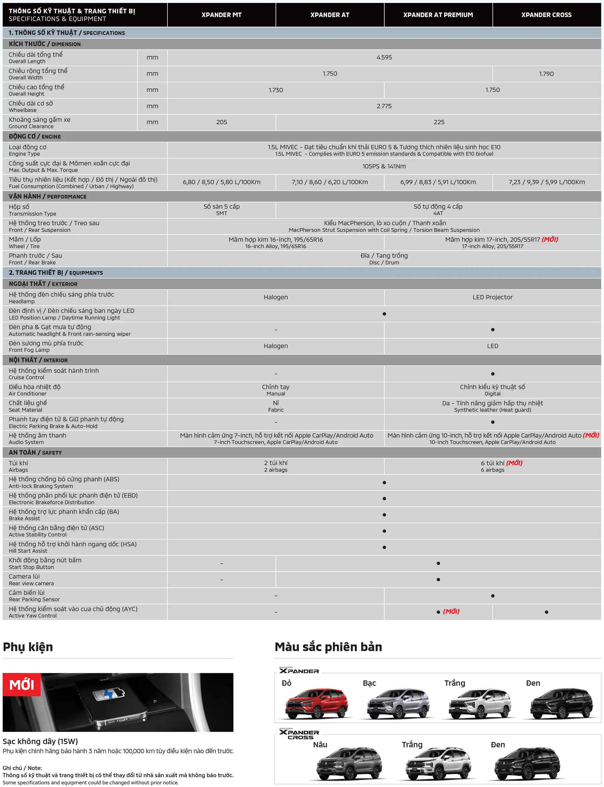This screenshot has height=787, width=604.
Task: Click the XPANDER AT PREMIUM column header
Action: click(x=438, y=15)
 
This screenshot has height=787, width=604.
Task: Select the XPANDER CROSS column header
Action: click(x=546, y=15)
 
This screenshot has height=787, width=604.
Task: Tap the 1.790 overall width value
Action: click(x=546, y=74)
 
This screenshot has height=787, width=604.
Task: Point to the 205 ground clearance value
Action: click(x=221, y=122)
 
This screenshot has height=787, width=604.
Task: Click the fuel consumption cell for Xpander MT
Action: click(x=221, y=182)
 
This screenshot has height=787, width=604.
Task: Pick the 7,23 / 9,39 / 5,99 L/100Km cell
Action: click(x=546, y=182)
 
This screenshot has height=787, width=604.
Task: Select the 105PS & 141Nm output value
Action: click(x=384, y=166)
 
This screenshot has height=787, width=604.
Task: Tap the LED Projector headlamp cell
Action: click(x=492, y=297)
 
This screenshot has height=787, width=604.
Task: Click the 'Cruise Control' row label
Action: click(x=27, y=377)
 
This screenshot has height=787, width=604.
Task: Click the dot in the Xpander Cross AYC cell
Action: click(x=546, y=612)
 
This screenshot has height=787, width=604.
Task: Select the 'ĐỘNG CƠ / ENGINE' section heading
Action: click(x=35, y=136)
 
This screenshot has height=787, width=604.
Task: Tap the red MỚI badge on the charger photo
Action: click(x=22, y=684)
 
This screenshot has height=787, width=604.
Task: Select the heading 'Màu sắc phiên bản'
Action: click(x=328, y=647)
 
